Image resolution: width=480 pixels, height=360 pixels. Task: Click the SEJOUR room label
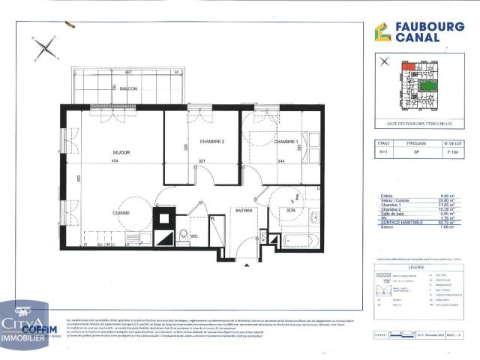click(x=121, y=152)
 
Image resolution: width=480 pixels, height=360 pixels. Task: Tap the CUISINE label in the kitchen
click(x=121, y=213)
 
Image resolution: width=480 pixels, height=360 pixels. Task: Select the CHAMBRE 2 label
click(x=202, y=141)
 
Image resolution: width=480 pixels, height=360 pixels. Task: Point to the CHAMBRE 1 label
click(x=285, y=141)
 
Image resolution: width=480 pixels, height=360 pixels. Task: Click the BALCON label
click(x=128, y=89)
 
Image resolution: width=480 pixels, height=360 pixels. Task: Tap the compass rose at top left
click(x=45, y=49)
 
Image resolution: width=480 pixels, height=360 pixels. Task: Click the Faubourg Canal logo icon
click(x=382, y=32)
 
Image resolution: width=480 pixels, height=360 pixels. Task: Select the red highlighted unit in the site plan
click(x=409, y=67)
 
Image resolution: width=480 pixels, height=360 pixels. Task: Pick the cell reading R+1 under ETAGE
click(x=385, y=151)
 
